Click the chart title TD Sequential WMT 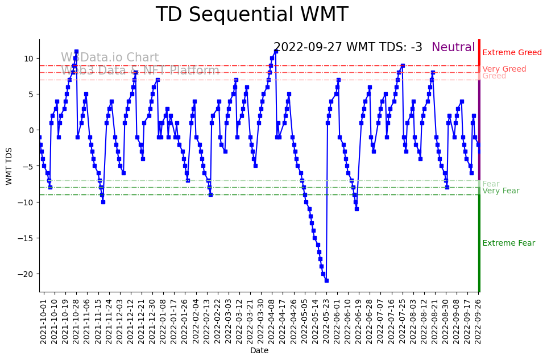tap(252, 15)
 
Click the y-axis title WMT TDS tap(9, 165)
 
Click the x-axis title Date tap(259, 351)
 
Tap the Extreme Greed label tap(512, 53)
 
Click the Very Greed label tap(504, 69)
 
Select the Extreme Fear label tap(509, 243)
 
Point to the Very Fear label tap(501, 191)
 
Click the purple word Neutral tap(453, 48)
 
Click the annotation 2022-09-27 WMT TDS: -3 tap(348, 48)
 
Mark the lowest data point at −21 tap(326, 280)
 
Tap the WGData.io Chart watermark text tap(110, 58)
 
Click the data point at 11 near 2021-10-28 tap(76, 51)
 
